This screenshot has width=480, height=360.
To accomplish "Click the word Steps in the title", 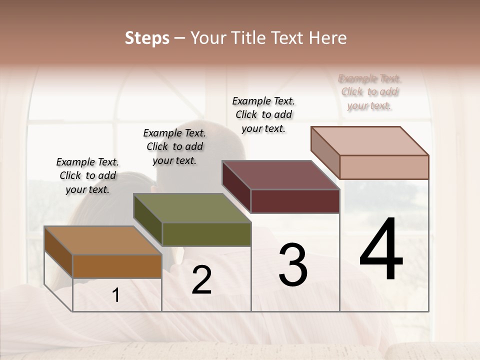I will pos(147,38).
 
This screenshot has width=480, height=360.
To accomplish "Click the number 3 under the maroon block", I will pos(293,265).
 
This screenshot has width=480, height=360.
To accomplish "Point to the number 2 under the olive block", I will pos(201,280).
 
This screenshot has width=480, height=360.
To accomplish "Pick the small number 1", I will pos(116,295).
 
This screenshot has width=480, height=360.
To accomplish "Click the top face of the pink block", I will pos(369,141).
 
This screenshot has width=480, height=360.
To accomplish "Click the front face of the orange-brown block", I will pos(117,266).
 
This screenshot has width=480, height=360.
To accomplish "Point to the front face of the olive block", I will pos(206,234).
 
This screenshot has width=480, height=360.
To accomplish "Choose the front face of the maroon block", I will pos(295,201).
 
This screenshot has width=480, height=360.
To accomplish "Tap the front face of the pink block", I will pos(384,167).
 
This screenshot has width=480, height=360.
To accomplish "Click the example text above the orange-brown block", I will pos(87,175).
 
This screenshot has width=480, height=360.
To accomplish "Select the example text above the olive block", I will pos(174,146).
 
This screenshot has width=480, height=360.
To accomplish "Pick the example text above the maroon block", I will pos(263,114).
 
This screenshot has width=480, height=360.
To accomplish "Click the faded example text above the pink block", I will pos(369,92).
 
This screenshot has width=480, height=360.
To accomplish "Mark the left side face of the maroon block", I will pos(236,187).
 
